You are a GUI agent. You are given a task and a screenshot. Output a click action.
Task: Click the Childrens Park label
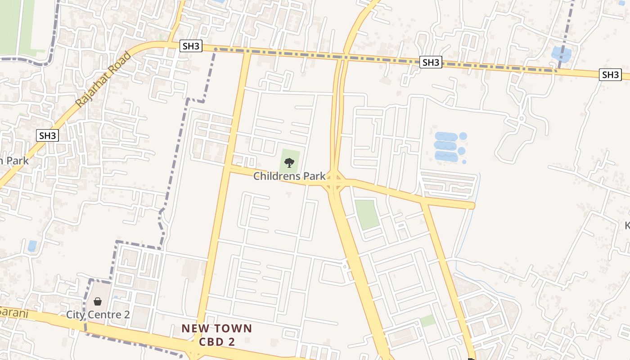[x=289, y=176]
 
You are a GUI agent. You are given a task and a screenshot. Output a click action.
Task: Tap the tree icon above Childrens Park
[x=289, y=162]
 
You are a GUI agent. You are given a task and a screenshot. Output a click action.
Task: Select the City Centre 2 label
[x=98, y=314]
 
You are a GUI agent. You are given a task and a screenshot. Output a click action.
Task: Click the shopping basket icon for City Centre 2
[x=97, y=301]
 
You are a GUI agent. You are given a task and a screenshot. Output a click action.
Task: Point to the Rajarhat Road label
[x=103, y=80]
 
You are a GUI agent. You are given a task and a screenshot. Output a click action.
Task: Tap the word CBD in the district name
[x=211, y=342]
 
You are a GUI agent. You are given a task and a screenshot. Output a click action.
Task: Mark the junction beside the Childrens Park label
[x=334, y=180]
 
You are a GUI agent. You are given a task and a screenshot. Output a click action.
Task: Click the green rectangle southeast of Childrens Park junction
[x=367, y=214]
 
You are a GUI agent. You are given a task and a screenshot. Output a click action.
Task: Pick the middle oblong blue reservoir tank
[x=445, y=146]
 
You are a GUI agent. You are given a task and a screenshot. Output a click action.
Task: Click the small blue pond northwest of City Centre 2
[x=32, y=246]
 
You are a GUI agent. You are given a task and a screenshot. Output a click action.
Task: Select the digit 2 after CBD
[x=232, y=342]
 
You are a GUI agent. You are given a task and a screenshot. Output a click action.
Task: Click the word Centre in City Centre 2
[x=104, y=314]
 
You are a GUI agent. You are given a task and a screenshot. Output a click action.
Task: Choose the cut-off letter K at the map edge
[x=627, y=225]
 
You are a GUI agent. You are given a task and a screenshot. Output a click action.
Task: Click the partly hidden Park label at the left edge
[x=14, y=160]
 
